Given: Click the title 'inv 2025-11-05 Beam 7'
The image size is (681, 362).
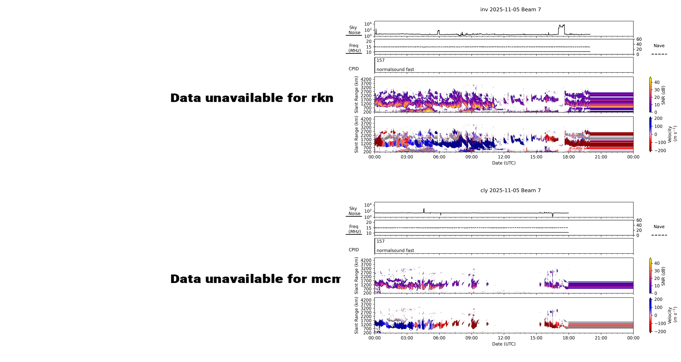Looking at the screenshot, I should pos(510,9).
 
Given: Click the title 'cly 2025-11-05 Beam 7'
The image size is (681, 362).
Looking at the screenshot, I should pos(510,190).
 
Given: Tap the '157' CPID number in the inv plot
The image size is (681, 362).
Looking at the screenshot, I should pos(380,60).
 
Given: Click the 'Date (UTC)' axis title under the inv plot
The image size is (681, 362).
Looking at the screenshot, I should pos(504,163).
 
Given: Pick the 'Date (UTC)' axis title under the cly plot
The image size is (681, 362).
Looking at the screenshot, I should pos(504,344).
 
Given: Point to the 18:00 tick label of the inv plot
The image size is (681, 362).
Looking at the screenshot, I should pos(568,157).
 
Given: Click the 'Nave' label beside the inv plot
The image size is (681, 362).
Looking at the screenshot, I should pos(659,46).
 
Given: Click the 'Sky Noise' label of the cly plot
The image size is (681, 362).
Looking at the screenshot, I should pos(354,211).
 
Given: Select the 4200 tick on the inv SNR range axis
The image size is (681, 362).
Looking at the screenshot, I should pos(366,79).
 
